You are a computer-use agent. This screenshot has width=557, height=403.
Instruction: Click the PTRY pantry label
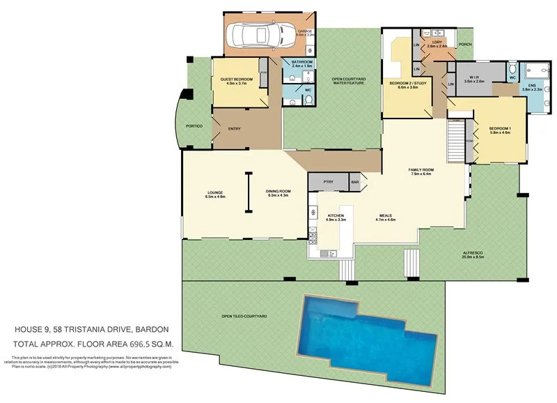pos(329,182)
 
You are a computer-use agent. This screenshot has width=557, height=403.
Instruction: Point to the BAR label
pos(354,182)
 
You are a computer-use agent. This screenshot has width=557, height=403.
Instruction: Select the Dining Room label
pos(278,193)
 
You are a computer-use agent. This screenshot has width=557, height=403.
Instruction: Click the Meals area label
pos(386,218)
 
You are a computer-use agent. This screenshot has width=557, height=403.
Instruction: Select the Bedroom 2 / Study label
pos(407,85)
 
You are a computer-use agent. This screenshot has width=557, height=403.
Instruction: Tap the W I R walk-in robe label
pos(473,79)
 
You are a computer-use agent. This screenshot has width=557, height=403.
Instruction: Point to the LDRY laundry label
pos(437,43)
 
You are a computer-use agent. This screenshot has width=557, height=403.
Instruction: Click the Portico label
pos(194,126)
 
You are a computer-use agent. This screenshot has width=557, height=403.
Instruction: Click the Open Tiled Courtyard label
pos(244,317)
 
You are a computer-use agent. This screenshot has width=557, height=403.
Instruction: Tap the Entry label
pos(235,128)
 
